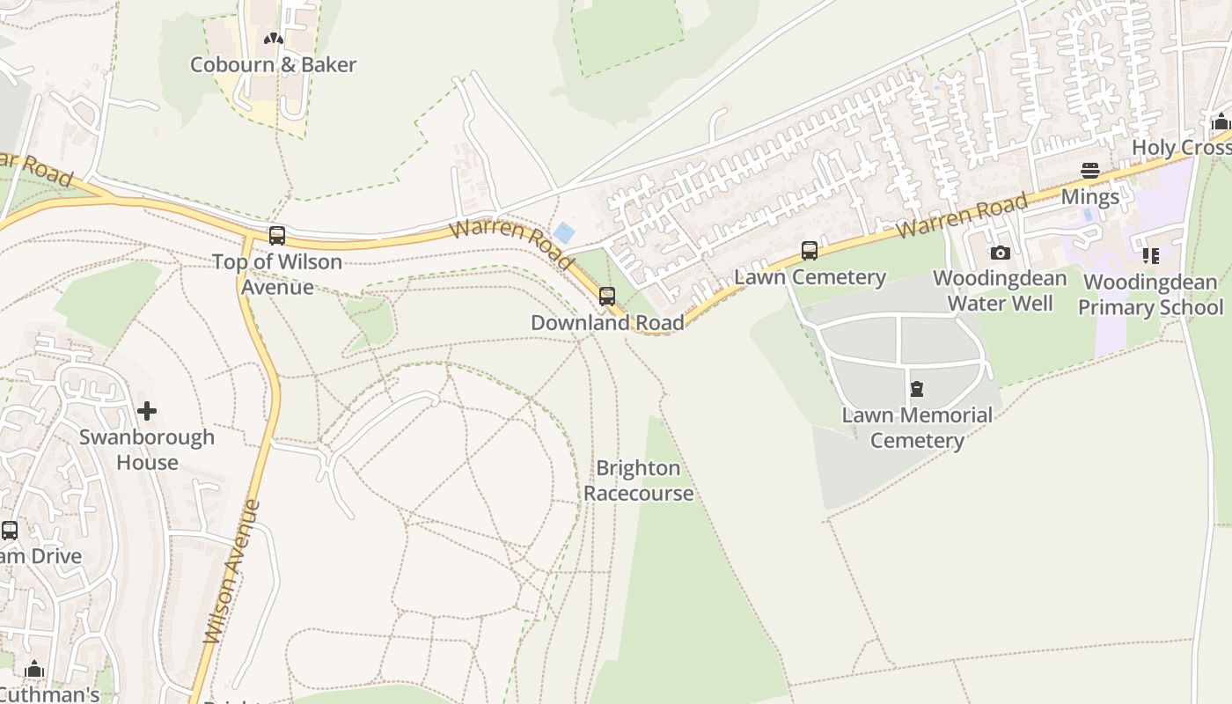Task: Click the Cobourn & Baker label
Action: click(273, 64)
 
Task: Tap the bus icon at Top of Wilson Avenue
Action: click(277, 235)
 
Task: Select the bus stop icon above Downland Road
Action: click(607, 297)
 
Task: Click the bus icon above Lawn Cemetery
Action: click(810, 251)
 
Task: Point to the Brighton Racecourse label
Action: click(638, 480)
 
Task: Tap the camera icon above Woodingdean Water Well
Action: click(1000, 253)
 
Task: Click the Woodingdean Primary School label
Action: click(1150, 295)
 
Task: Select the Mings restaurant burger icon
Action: click(1090, 171)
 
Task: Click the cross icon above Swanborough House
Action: click(147, 411)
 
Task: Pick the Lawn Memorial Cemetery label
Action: click(917, 428)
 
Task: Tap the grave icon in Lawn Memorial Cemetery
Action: click(917, 389)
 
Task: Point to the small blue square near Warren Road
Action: click(564, 233)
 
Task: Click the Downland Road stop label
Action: click(607, 323)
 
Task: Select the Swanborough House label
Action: click(147, 450)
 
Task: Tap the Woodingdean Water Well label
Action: click(1000, 290)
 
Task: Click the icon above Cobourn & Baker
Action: click(274, 39)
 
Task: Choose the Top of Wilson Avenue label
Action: click(277, 275)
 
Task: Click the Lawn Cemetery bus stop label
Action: click(810, 277)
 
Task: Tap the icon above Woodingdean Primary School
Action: click(1150, 256)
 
